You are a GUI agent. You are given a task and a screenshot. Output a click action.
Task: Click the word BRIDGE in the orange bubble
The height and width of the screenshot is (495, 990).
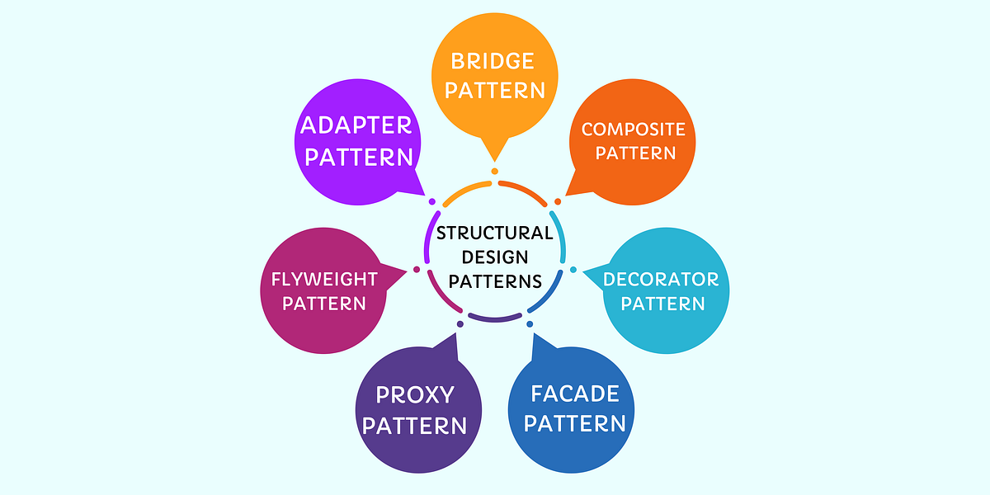pyautogui.click(x=493, y=61)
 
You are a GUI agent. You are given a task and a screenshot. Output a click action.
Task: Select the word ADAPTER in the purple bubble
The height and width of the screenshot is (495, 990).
pyautogui.click(x=356, y=125)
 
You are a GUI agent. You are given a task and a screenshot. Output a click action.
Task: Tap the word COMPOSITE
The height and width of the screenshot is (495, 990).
pyautogui.click(x=633, y=129)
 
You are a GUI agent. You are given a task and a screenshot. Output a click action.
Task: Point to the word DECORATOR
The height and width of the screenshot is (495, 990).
pyautogui.click(x=661, y=279)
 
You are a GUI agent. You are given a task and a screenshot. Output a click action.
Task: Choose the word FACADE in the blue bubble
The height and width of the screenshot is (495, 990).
pyautogui.click(x=575, y=394)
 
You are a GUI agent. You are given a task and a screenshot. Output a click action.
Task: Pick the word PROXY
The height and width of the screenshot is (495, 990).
pyautogui.click(x=415, y=395)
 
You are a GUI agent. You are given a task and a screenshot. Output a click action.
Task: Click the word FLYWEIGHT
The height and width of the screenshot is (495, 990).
pyautogui.click(x=324, y=279)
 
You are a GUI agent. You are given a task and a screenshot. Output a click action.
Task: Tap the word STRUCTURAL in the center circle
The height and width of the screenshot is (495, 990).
pyautogui.click(x=494, y=233)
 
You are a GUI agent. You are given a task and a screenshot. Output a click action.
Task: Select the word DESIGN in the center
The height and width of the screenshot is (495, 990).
pyautogui.click(x=495, y=257)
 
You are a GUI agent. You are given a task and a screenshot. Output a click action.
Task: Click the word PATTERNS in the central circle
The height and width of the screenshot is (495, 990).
pyautogui.click(x=495, y=280)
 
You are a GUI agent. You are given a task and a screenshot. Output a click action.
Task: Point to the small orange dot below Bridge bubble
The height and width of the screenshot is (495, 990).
pyautogui.click(x=495, y=172)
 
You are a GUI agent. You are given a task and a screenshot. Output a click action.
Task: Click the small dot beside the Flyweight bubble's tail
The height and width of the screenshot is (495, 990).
pyautogui.click(x=417, y=269)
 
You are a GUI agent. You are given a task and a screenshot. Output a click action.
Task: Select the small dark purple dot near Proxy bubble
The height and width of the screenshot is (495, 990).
pyautogui.click(x=460, y=323)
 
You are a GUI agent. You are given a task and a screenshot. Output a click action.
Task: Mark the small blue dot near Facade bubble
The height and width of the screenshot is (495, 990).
pyautogui.click(x=530, y=323)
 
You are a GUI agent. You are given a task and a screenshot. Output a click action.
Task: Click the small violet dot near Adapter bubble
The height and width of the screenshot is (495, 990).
pyautogui.click(x=431, y=200)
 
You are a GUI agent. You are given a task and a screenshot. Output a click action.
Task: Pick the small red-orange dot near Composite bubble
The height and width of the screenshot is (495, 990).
pyautogui.click(x=558, y=200)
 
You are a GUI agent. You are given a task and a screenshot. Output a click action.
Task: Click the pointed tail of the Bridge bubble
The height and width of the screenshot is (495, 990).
pyautogui.click(x=494, y=155)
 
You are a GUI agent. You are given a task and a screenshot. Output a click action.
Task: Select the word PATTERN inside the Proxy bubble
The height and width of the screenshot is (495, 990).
pyautogui.click(x=415, y=426)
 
